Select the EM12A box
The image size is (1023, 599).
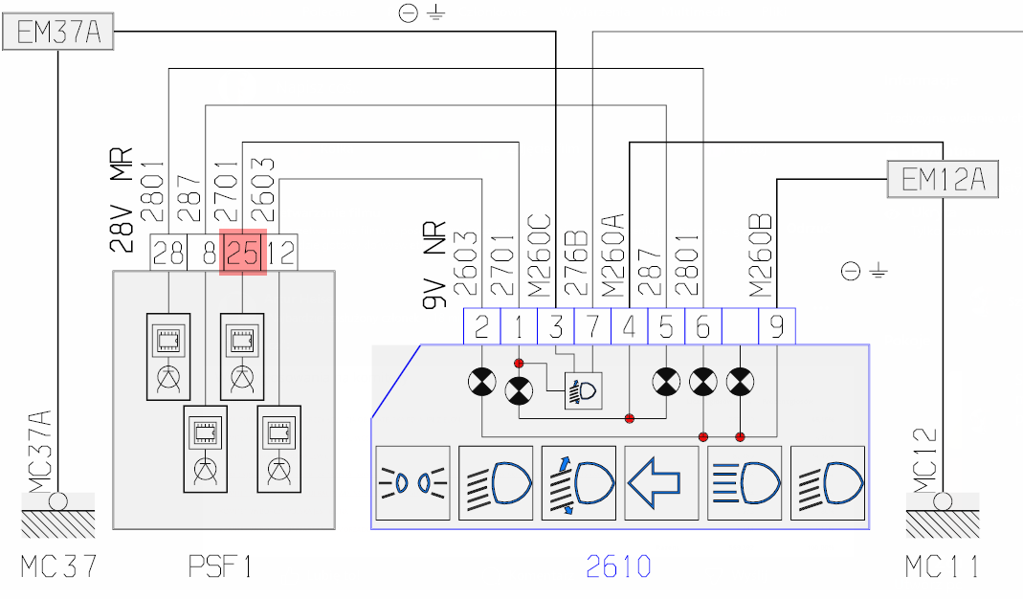click(943, 179)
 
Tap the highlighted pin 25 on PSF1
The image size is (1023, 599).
click(243, 253)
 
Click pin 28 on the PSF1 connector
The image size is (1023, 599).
click(168, 253)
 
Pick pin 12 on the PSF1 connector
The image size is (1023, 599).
click(280, 253)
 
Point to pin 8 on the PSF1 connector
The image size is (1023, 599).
click(206, 253)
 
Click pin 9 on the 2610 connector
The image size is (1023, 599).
click(776, 327)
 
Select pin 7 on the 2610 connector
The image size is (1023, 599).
click(592, 327)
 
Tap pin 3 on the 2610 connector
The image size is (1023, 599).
click(556, 327)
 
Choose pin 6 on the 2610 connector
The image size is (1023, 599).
click(702, 327)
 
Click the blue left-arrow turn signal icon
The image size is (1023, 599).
click(661, 483)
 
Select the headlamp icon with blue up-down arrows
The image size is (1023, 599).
click(578, 483)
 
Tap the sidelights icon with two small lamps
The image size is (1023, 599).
click(412, 483)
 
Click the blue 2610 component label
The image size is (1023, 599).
click(619, 566)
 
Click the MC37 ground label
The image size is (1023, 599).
click(59, 566)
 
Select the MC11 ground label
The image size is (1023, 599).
click(943, 566)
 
